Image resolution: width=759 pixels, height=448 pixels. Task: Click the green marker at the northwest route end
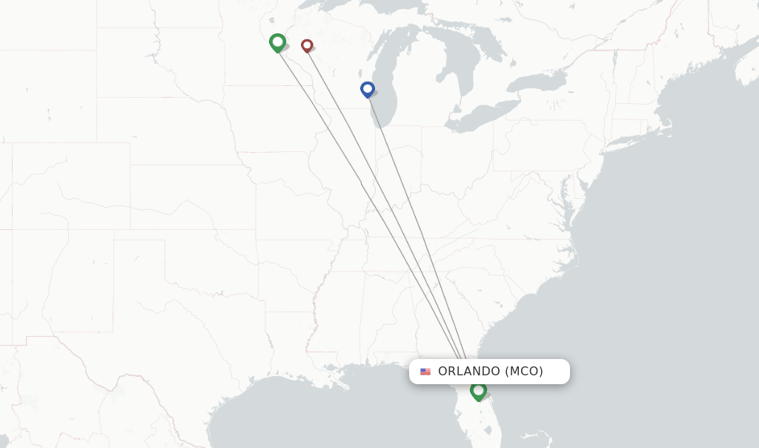click(x=277, y=42)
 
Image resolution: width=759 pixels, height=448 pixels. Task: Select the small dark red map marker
click(x=307, y=46)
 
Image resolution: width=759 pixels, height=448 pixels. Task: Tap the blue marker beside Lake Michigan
click(x=367, y=89)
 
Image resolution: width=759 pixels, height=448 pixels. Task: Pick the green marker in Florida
click(x=478, y=390)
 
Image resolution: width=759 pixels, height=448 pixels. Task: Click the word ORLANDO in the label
click(x=469, y=372)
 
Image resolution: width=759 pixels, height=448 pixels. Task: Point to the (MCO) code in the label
click(x=524, y=372)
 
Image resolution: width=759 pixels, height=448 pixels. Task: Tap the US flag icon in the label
click(x=425, y=372)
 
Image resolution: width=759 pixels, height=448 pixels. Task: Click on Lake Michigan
click(x=388, y=82)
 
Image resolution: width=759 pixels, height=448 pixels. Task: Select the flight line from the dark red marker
click(x=385, y=200)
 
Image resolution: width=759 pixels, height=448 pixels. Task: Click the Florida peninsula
click(x=485, y=415)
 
